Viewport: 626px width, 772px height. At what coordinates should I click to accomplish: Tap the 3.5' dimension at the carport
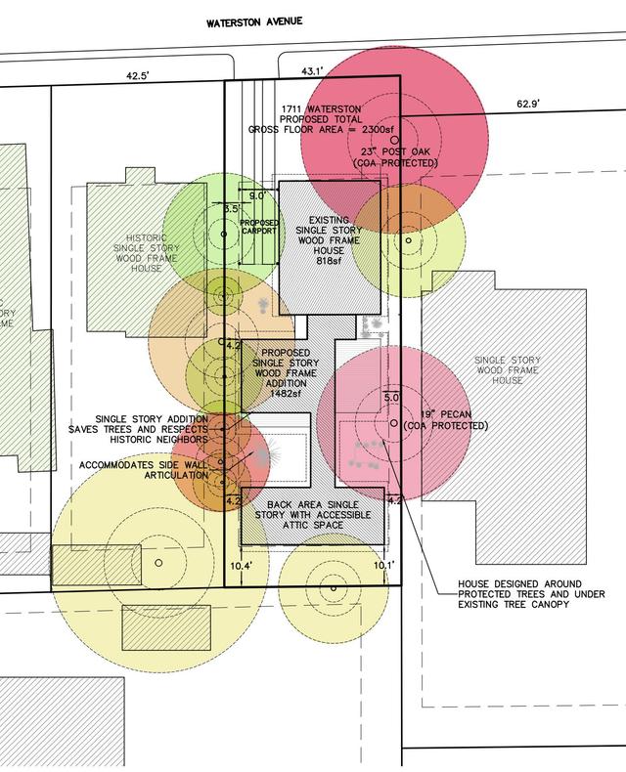tap(231, 208)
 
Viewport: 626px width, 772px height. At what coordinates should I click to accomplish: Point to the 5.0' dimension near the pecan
tap(391, 398)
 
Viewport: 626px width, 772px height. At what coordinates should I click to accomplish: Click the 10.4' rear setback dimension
tap(241, 566)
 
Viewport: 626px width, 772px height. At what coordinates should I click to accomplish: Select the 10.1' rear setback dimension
tap(384, 566)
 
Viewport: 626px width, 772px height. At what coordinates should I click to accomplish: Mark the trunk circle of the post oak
tap(394, 141)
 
